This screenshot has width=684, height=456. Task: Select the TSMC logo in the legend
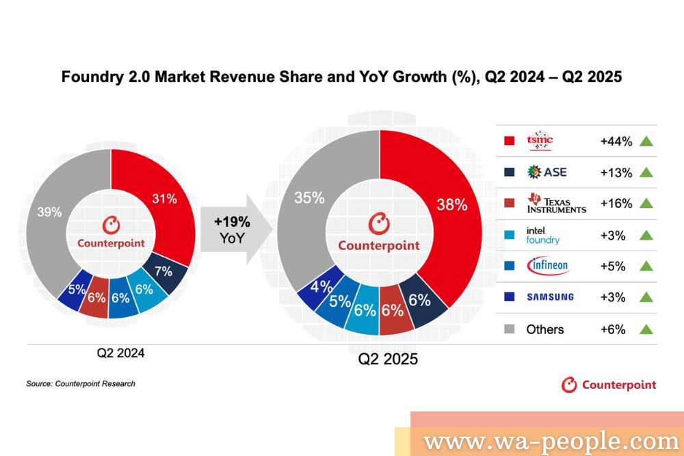pyautogui.click(x=540, y=141)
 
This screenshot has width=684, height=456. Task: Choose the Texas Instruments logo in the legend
pyautogui.click(x=556, y=203)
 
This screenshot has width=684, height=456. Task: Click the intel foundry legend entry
pyautogui.click(x=543, y=235)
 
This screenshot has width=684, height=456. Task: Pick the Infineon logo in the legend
pyautogui.click(x=548, y=266)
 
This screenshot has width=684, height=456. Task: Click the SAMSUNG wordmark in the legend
pyautogui.click(x=550, y=297)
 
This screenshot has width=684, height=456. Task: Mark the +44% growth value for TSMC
pyautogui.click(x=616, y=142)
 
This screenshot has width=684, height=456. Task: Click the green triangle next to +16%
pyautogui.click(x=646, y=203)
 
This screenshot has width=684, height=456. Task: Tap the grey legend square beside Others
pyautogui.click(x=509, y=329)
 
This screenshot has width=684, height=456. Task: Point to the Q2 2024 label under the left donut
pyautogui.click(x=121, y=354)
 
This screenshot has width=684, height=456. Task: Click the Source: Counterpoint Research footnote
pyautogui.click(x=81, y=384)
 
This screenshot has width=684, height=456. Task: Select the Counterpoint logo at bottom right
pyautogui.click(x=609, y=385)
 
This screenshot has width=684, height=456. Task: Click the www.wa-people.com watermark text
pyautogui.click(x=551, y=441)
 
